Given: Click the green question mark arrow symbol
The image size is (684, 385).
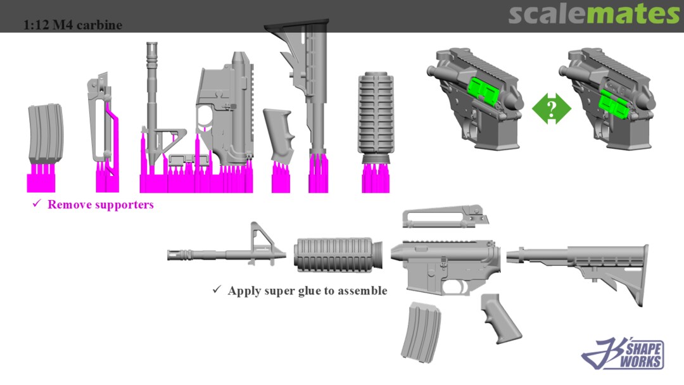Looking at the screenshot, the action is (x=552, y=108).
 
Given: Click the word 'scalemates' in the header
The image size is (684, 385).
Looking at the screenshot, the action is (x=593, y=14).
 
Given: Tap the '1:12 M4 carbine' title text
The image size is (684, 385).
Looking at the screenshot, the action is (x=72, y=25).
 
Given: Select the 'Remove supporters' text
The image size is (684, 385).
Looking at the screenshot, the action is (x=100, y=205).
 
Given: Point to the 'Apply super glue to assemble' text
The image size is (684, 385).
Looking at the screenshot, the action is (x=307, y=291).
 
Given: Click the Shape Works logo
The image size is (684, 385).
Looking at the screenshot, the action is (x=623, y=353).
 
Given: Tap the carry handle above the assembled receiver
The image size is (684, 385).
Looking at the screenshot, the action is (x=445, y=217).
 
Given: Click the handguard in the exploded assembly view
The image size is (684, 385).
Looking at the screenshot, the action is (x=338, y=255).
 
